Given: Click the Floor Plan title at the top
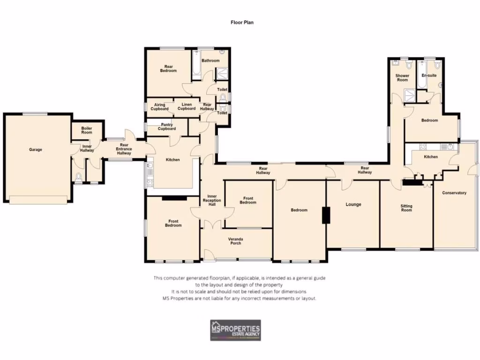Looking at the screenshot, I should pos(242,22).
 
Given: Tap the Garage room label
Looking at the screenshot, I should pos(36,150).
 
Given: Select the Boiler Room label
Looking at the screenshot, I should pos(87,130).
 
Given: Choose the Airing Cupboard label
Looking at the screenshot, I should pos(159,106).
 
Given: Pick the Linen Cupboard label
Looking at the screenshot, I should pos(187,106).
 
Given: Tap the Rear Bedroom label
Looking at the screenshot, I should pos(168,68).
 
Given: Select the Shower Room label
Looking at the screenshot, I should pos(402,78).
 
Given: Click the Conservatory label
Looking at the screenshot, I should pos(454,193).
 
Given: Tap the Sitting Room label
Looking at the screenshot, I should pos(406,208).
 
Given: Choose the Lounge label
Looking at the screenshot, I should pos(353,204).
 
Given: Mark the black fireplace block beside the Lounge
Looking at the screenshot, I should pos(324,215).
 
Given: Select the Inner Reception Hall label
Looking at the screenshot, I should pos(211,200).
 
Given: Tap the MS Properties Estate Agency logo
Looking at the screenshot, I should pos(235,330).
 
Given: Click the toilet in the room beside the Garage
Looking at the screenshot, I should pos(79,177).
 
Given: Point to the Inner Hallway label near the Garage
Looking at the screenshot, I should pos(87,149).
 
